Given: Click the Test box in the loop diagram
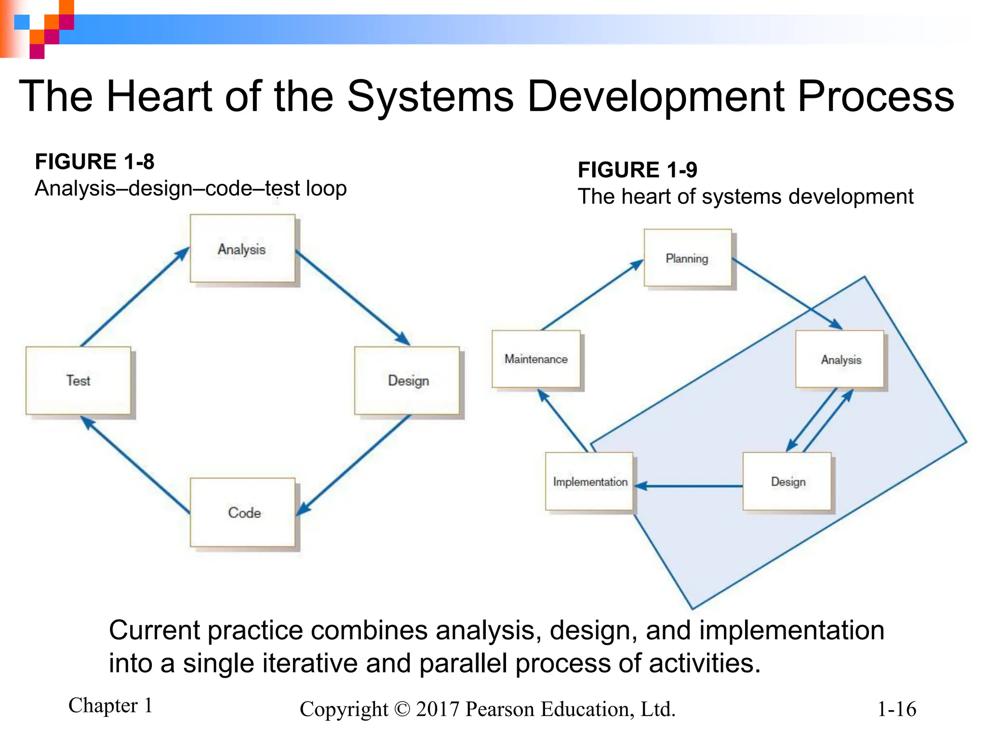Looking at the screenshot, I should [78, 380].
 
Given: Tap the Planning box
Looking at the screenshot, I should [687, 258].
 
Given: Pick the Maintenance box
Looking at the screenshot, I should [536, 359].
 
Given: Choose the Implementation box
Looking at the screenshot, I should [589, 481].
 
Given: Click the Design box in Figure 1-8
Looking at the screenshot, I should [407, 380].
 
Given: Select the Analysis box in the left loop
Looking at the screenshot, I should [242, 248].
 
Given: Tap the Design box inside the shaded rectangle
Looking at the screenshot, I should [787, 481].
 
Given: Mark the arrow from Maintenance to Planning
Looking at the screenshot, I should [592, 296].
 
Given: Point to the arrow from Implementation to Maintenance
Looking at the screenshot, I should [563, 421].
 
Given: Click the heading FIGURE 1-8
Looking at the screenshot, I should [94, 162].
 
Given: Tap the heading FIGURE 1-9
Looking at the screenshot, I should [637, 170].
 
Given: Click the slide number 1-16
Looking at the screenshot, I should [896, 709].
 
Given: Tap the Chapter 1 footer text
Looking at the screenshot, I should [110, 705].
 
